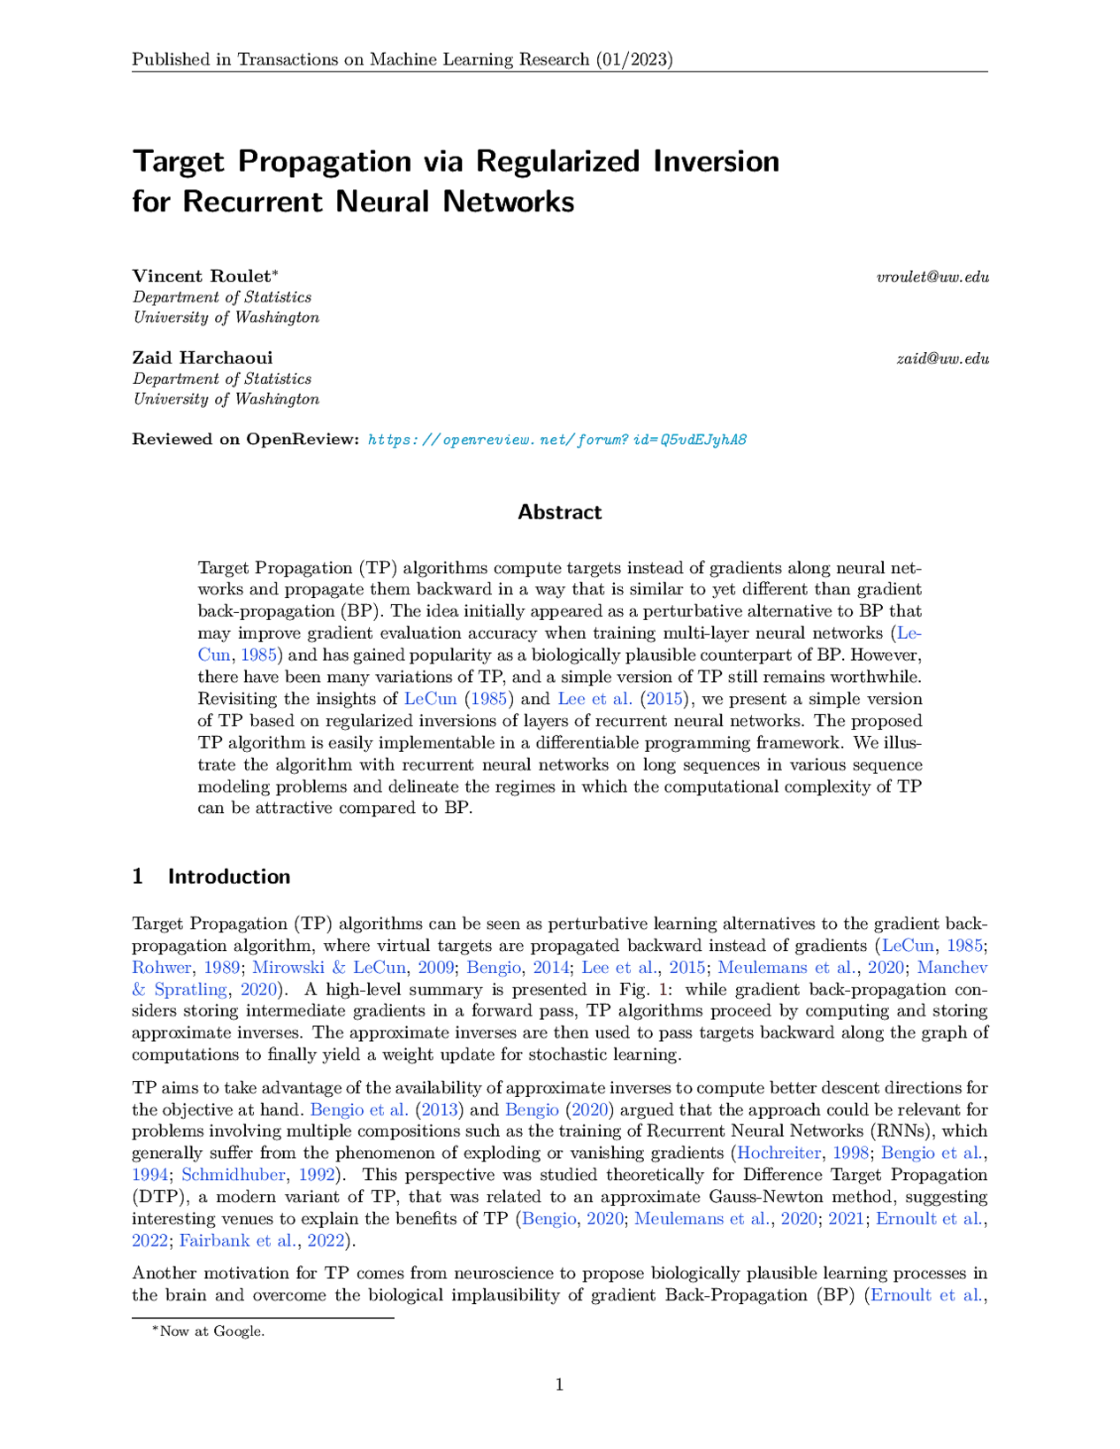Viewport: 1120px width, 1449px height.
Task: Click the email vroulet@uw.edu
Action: (932, 277)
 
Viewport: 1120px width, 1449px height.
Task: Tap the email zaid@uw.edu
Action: (942, 358)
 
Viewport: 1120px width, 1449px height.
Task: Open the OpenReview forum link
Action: (557, 440)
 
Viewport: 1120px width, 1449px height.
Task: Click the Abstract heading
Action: (559, 512)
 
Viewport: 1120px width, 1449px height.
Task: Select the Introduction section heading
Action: (229, 877)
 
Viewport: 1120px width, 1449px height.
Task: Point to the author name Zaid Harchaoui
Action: (203, 357)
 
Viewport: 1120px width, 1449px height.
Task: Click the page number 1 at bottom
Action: (559, 1384)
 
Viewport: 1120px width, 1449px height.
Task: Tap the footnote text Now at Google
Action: (211, 1330)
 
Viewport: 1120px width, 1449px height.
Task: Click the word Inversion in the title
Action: (717, 162)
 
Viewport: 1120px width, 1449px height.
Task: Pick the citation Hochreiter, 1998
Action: (802, 1153)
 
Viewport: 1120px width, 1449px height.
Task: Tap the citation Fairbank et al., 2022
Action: (263, 1240)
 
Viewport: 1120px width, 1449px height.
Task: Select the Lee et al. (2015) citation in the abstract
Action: (618, 698)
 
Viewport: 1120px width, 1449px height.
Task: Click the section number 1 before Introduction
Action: (137, 877)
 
